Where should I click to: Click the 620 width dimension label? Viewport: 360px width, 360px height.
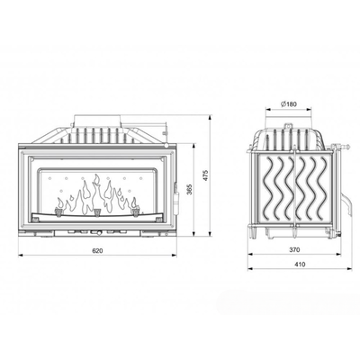point(97,251)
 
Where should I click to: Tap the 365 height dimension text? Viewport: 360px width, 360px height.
point(190,189)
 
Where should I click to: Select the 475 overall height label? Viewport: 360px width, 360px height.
point(205,175)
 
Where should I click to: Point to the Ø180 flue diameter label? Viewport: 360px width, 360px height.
point(289,104)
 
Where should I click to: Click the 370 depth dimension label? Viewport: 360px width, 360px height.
point(295,249)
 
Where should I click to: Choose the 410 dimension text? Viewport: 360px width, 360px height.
point(300,265)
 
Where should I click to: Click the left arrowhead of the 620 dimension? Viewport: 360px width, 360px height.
point(21,256)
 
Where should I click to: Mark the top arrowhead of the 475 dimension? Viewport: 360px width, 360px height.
point(210,117)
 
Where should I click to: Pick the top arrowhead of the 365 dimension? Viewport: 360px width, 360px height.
point(194,146)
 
